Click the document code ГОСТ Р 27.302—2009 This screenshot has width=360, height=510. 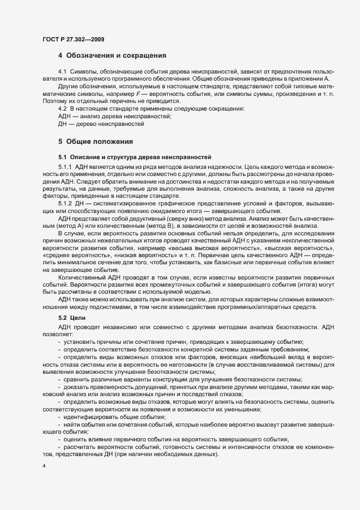(74, 39)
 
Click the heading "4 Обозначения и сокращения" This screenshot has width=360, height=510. (112, 56)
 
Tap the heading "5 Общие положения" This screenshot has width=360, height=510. (96, 142)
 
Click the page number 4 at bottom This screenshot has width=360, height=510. (44, 467)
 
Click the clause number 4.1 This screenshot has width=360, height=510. (62, 72)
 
